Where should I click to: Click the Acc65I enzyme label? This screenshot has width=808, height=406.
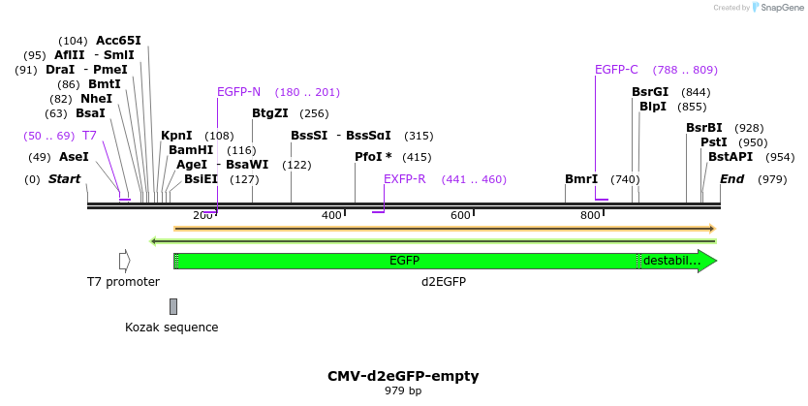(x=118, y=41)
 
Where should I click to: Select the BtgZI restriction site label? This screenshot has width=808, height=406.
(x=269, y=113)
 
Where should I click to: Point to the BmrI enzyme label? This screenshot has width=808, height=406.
(x=581, y=179)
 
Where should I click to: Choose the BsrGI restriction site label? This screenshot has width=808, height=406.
(x=650, y=92)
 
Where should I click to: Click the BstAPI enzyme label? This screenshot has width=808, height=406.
(x=730, y=156)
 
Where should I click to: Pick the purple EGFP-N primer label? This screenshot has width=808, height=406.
(x=238, y=92)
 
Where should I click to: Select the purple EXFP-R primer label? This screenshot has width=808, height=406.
(x=404, y=179)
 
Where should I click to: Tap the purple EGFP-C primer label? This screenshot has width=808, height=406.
(x=616, y=70)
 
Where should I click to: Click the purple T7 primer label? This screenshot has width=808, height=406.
(x=89, y=136)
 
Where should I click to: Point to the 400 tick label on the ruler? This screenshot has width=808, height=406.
(x=331, y=215)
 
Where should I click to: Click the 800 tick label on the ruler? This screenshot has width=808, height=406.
(x=590, y=215)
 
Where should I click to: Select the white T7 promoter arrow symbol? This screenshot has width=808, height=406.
(x=124, y=261)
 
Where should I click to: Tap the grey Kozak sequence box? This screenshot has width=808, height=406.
(x=173, y=306)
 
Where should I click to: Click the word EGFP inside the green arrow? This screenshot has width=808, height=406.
(x=404, y=261)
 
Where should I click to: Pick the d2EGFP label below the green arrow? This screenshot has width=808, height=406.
(x=444, y=282)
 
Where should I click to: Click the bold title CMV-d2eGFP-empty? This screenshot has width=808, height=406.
(x=403, y=376)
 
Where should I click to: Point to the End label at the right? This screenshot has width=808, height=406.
(x=731, y=179)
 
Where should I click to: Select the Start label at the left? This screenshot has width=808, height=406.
(x=64, y=179)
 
